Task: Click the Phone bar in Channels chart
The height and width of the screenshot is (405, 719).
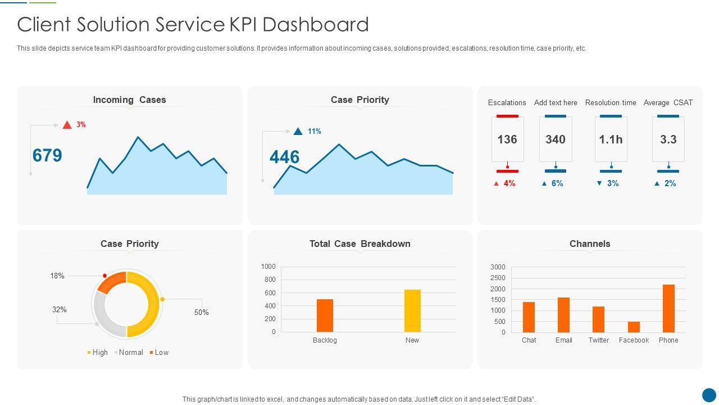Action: point(668,308)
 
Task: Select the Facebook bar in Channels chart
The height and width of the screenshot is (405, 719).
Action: point(634,327)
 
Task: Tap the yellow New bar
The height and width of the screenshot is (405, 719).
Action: point(412,310)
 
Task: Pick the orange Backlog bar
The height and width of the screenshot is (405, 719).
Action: point(325,315)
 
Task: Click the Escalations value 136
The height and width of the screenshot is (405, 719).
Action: point(507,139)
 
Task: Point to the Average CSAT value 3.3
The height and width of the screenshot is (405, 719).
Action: point(668,139)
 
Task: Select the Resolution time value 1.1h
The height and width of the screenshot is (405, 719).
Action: point(611,139)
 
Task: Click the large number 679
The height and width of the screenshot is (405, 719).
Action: point(47,155)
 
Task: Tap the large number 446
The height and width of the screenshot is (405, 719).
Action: point(285,157)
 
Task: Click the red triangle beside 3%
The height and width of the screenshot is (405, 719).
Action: point(67,125)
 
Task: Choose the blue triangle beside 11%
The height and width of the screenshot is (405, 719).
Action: point(298,131)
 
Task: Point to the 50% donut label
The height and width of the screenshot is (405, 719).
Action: point(202,312)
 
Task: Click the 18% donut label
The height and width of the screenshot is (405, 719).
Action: point(57,276)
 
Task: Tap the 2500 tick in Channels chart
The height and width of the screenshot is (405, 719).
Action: point(498,278)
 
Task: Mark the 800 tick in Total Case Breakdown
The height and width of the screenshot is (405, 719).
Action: point(270,280)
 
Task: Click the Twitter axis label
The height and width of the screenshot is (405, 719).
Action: point(599,340)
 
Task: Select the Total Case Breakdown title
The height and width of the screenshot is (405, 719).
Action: point(360,244)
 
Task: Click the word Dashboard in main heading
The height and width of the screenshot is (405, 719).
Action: point(315,25)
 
